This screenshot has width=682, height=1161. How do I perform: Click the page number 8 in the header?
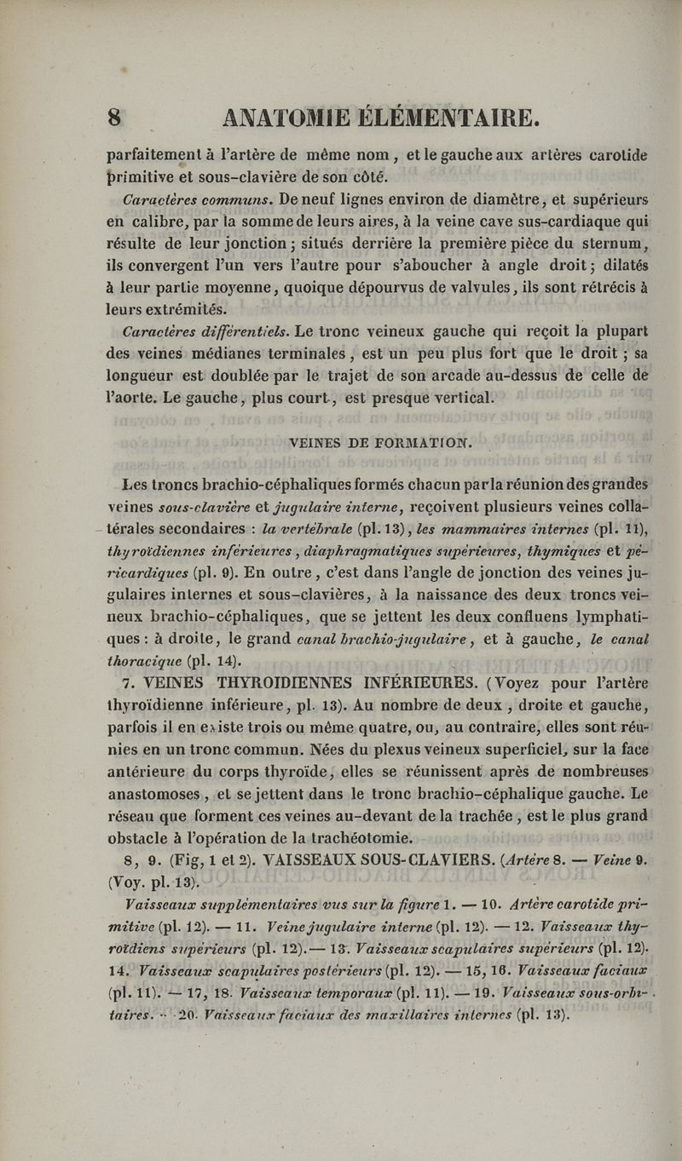pyautogui.click(x=115, y=116)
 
